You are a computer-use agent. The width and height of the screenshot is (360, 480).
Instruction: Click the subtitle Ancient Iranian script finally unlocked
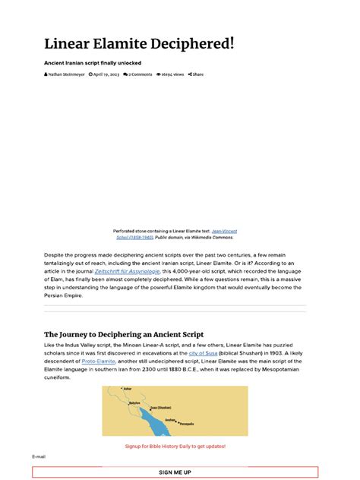pos(93,62)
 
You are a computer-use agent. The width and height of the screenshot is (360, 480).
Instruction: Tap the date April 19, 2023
pos(104,74)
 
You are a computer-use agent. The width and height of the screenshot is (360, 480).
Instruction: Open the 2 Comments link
pos(138,74)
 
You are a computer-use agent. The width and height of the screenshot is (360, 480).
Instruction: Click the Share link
pos(196,74)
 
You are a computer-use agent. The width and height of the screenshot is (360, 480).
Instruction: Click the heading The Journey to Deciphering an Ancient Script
pos(124,334)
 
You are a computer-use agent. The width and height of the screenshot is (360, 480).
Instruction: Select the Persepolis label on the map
pos(187,423)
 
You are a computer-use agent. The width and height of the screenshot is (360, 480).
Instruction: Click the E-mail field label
pos(39,456)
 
